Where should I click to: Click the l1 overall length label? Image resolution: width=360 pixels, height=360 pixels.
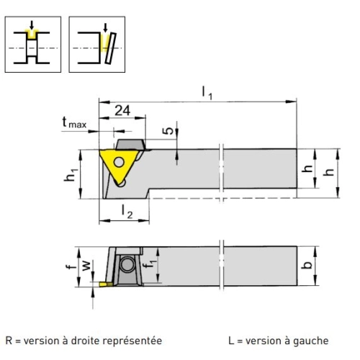(x=207, y=93)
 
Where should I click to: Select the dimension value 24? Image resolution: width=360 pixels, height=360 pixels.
(x=122, y=110)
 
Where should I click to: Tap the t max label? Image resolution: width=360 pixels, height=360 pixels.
(x=74, y=122)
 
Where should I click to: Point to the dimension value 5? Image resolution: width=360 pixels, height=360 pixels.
(x=168, y=130)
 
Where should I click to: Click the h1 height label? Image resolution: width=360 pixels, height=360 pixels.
(x=71, y=175)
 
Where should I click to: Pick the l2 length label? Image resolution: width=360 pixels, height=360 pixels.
(x=127, y=212)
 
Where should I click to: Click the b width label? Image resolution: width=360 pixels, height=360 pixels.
(x=307, y=264)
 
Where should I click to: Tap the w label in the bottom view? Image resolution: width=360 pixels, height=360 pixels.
(x=86, y=266)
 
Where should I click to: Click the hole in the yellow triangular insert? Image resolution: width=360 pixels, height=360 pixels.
(x=119, y=162)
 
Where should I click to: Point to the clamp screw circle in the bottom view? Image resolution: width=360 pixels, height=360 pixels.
(x=127, y=264)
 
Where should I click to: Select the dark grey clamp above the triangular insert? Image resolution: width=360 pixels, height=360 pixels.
(x=131, y=144)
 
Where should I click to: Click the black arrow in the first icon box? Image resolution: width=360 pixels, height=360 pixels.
(x=32, y=25)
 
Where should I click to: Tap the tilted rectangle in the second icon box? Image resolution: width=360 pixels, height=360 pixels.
(x=110, y=48)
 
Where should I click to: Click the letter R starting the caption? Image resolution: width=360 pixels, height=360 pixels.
(x=9, y=341)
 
